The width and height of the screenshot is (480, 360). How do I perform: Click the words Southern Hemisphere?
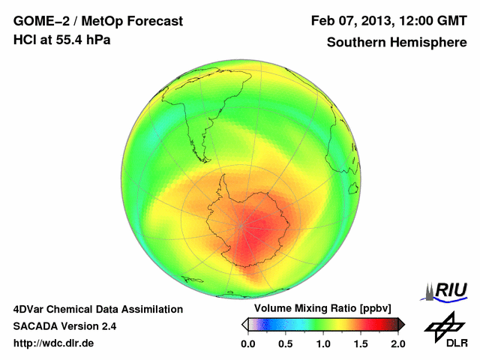(x=397, y=42)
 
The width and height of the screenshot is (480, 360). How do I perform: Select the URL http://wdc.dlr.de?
(x=54, y=343)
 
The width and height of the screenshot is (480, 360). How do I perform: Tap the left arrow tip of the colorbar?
(x=244, y=324)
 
